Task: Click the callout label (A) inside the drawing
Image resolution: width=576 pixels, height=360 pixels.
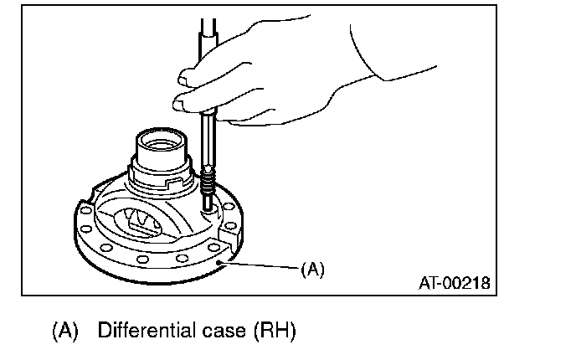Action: point(311,270)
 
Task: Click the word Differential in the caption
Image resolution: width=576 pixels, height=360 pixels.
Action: point(146,331)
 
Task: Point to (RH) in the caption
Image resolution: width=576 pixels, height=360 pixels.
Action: point(273,331)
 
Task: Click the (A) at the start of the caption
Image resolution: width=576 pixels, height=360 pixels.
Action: point(64,331)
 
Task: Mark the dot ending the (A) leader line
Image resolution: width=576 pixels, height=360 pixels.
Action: point(219,262)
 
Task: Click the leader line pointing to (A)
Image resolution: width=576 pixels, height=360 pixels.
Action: point(260,266)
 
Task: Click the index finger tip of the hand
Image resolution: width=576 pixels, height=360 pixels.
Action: point(177,104)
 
